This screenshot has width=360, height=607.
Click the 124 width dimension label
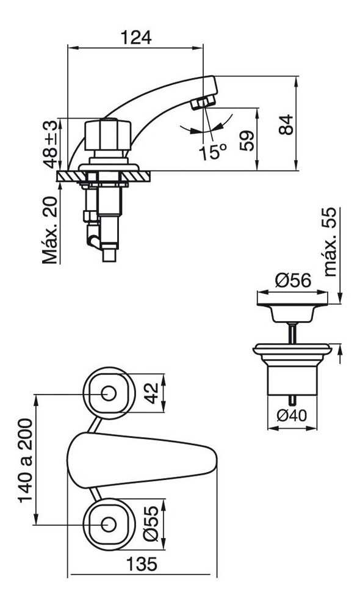tap(135, 37)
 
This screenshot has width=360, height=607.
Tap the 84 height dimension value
tap(286, 125)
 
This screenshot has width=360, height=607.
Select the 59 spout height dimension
tap(247, 140)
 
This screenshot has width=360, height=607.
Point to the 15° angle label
tap(213, 152)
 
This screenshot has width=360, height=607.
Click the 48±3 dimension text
tap(50, 144)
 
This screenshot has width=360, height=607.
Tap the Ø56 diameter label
tap(293, 280)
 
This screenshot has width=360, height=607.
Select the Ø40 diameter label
tap(292, 416)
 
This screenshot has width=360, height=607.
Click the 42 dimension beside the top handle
tap(151, 393)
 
